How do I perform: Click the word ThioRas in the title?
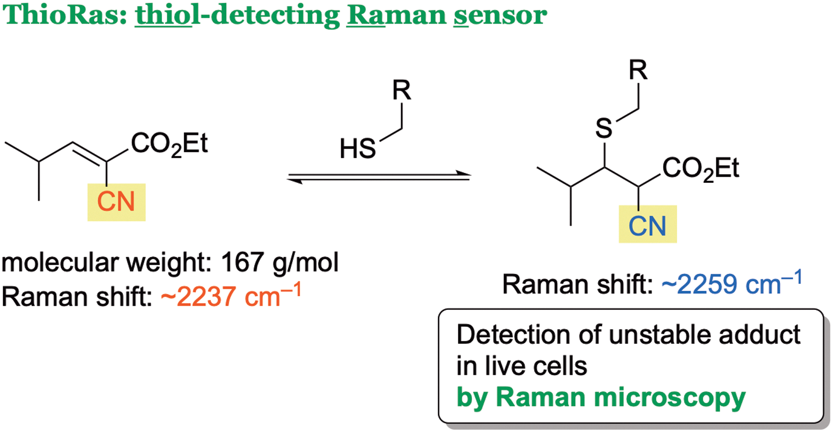(65, 15)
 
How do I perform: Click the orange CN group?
(116, 202)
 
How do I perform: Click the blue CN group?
(647, 226)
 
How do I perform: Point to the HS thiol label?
(357, 149)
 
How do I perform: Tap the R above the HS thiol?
(402, 90)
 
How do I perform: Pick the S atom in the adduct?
(604, 128)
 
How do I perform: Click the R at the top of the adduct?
(638, 70)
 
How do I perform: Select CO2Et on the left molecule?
(169, 144)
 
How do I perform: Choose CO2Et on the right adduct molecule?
(700, 169)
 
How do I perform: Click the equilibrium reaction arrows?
(379, 177)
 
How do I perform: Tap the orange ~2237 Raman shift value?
(231, 296)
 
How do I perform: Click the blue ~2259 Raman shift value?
(732, 283)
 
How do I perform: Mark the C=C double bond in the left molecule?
(89, 153)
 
